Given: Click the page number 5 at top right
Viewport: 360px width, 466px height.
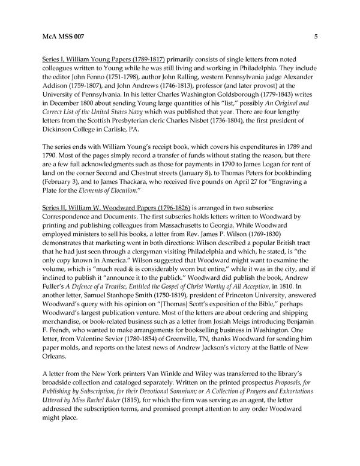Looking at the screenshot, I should point(315,37).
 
